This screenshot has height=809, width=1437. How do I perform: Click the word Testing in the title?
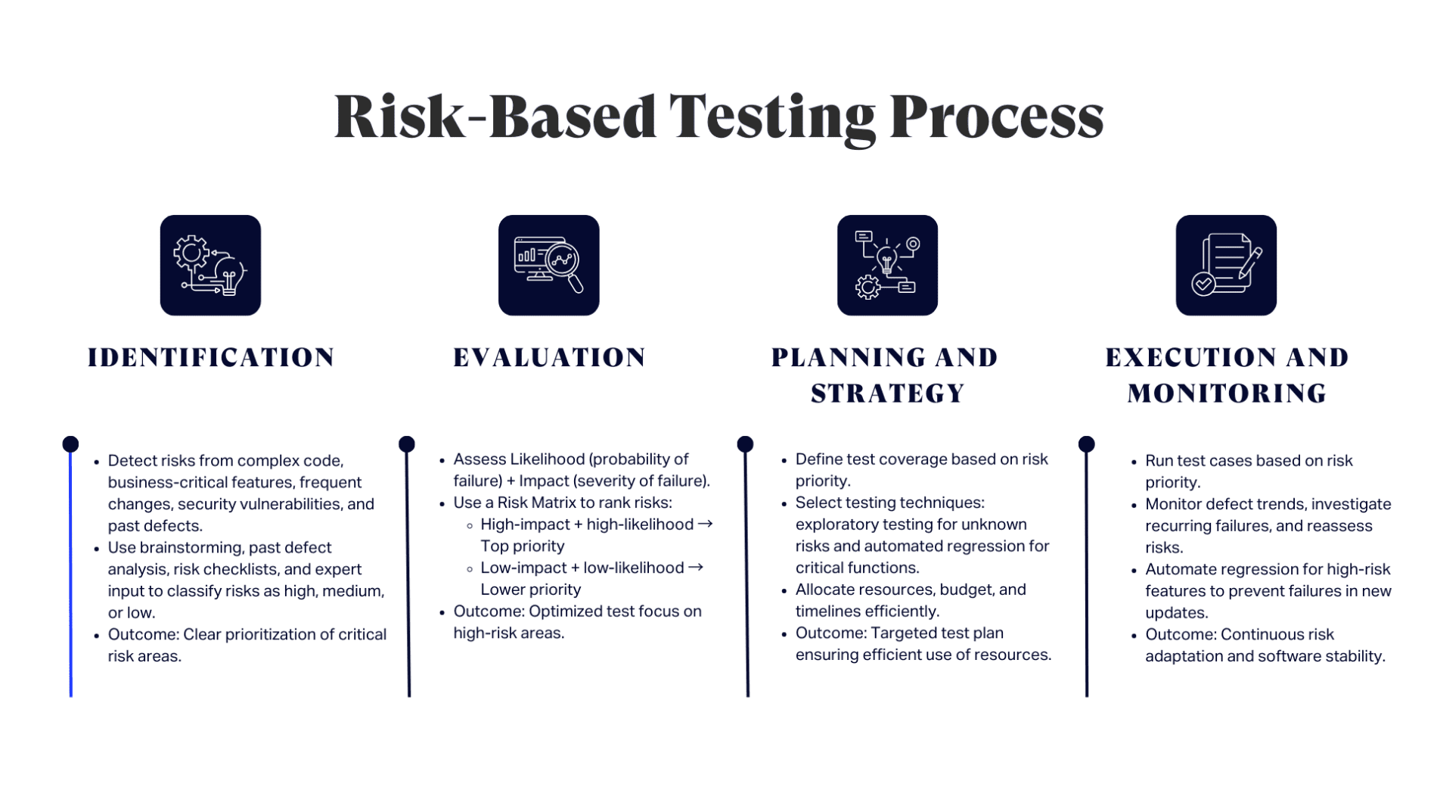[771, 118]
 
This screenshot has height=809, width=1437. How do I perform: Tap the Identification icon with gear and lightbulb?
[210, 265]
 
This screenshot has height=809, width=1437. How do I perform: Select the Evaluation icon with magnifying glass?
[548, 265]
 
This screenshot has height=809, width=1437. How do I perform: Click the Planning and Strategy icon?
[887, 265]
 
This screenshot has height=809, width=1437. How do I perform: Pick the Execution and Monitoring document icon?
[1225, 265]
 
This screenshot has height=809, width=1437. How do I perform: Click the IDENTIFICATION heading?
[211, 357]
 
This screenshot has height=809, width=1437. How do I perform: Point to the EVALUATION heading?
[549, 357]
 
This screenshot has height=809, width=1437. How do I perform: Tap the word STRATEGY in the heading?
[887, 394]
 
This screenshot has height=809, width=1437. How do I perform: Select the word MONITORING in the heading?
[1227, 394]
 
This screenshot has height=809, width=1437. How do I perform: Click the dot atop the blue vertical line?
[70, 444]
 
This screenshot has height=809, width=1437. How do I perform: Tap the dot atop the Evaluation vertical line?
[407, 444]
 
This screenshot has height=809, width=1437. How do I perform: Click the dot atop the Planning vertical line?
[745, 444]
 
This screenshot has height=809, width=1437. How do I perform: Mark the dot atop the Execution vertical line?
[1086, 444]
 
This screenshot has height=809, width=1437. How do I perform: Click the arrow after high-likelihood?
[705, 524]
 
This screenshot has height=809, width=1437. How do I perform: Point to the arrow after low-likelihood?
[696, 567]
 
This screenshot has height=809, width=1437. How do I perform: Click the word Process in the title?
[996, 118]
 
